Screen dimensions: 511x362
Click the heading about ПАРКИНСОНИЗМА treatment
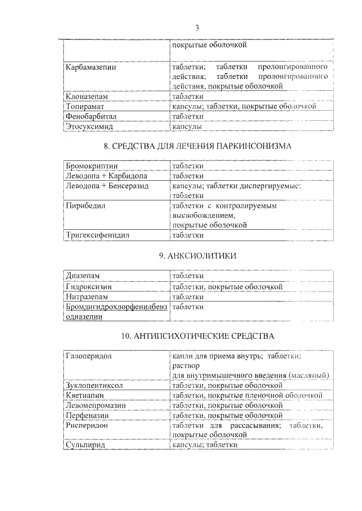(x=197, y=146)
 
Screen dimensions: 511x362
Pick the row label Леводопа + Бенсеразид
(x=107, y=185)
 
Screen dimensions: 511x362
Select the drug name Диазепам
(x=83, y=276)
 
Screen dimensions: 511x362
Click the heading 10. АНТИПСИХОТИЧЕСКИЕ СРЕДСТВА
(x=197, y=336)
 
